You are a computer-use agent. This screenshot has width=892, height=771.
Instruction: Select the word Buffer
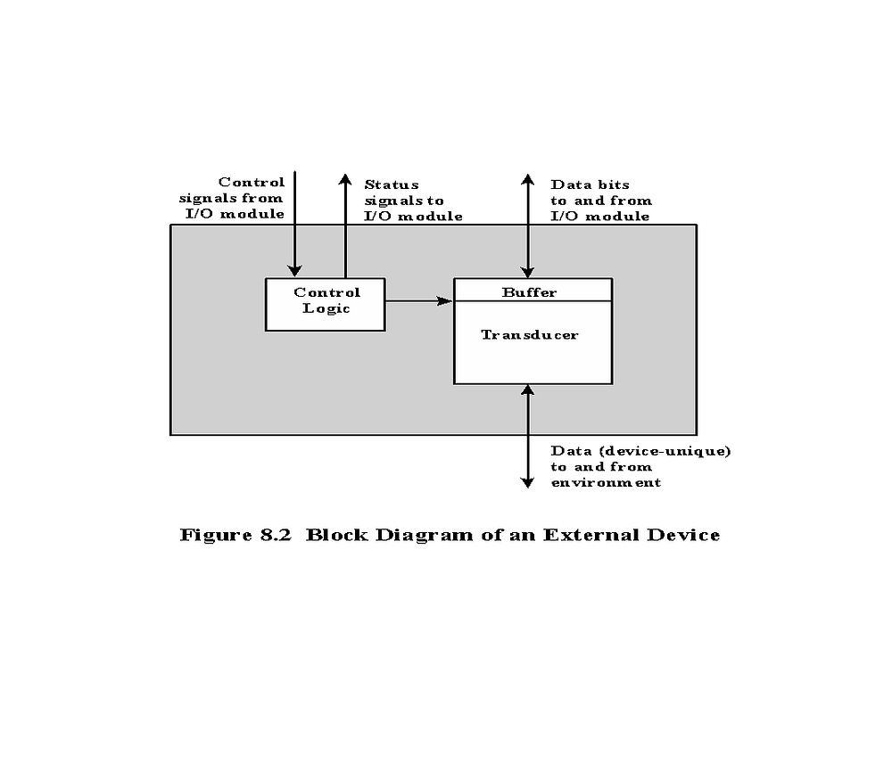[x=529, y=292]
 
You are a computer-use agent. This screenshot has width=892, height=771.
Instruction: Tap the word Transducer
[x=530, y=335]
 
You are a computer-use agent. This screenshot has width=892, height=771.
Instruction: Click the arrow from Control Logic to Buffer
[x=419, y=300]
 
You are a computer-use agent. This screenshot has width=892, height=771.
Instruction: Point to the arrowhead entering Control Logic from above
[x=294, y=271]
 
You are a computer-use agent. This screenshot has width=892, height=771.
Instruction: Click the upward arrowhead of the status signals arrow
[x=345, y=180]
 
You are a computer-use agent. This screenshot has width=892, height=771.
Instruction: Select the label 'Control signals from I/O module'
[x=232, y=198]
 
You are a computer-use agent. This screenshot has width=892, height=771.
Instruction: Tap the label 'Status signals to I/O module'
[x=413, y=201]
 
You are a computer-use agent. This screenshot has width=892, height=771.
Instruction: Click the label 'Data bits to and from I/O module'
[x=600, y=201]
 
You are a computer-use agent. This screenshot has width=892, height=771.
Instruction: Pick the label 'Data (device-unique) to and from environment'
[x=640, y=467]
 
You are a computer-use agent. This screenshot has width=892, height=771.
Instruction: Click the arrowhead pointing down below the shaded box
[x=528, y=482]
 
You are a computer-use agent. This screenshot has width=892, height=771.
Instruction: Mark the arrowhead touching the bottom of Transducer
[x=528, y=390]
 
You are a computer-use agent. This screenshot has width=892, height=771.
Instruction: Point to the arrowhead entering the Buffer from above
[x=528, y=271]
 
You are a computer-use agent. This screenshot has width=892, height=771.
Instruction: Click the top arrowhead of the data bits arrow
[x=528, y=180]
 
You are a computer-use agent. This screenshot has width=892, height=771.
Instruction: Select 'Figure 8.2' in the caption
[x=235, y=536]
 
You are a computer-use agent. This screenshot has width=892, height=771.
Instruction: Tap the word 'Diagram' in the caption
[x=424, y=536]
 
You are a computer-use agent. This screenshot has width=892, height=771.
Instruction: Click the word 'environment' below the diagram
[x=606, y=483]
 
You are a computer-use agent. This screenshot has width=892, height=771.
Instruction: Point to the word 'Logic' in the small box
[x=326, y=308]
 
